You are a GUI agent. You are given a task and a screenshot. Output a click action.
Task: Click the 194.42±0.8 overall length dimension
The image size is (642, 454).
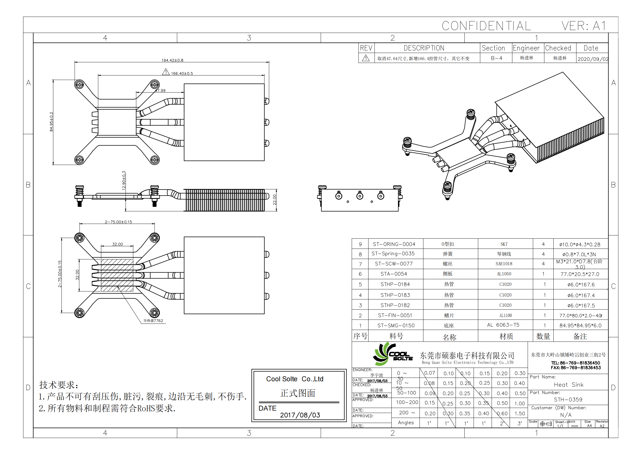click(172, 60)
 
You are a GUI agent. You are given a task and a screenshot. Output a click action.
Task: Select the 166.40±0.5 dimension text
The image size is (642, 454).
click(182, 74)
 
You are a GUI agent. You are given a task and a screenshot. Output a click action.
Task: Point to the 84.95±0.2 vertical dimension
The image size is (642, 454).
click(51, 122)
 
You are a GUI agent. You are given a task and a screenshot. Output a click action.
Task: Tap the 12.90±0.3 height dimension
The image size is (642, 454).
click(124, 180)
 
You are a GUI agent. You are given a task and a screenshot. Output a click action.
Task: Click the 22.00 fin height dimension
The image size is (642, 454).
click(274, 200)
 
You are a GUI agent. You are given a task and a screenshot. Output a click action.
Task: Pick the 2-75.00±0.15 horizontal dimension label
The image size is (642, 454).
click(118, 222)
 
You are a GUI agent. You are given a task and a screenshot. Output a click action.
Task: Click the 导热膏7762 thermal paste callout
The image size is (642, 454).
click(153, 321)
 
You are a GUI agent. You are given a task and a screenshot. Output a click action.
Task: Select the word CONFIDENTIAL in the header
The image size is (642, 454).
click(486, 26)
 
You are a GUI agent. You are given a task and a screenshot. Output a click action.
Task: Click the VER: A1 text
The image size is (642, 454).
click(584, 26)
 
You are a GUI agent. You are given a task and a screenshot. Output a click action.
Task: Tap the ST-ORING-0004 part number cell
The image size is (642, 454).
click(394, 244)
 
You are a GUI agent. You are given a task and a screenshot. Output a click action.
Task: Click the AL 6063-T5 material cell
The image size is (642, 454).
click(503, 325)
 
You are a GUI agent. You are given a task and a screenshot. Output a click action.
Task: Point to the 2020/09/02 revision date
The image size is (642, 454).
click(593, 59)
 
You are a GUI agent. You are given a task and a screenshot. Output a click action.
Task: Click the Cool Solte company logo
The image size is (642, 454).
click(392, 354)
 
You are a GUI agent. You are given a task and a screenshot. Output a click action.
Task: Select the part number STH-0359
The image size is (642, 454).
click(568, 399)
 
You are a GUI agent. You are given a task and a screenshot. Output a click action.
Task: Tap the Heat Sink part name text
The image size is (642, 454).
click(568, 385)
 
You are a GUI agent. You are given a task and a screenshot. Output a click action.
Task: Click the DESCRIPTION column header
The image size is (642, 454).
click(424, 48)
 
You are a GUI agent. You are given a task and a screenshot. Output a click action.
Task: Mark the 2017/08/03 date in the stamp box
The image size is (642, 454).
click(300, 415)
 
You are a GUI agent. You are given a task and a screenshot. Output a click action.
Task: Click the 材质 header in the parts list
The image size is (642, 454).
click(506, 336)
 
